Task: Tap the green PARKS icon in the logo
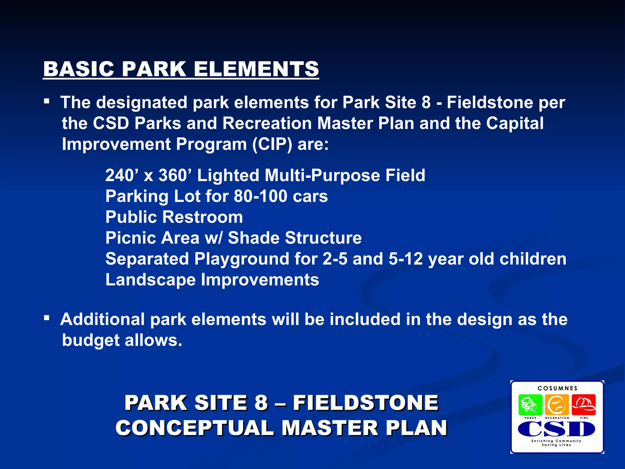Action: (530, 405)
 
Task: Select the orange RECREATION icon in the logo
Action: (557, 405)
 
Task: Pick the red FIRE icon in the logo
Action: (583, 405)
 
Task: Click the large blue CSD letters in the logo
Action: (556, 429)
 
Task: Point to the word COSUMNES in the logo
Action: (558, 388)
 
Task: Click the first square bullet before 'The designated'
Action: (46, 101)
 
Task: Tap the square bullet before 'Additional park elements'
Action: (46, 318)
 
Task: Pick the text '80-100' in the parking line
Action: (260, 196)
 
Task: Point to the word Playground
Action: (241, 259)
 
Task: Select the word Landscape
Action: (150, 280)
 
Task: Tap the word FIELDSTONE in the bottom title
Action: (366, 403)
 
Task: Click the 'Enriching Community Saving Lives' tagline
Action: (556, 443)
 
